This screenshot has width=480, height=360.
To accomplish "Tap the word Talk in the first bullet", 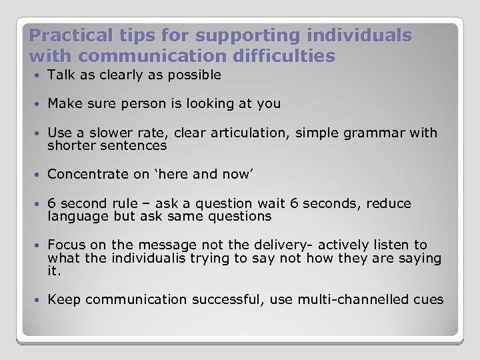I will click(61, 75).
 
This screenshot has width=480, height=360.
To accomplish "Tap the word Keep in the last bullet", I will click(64, 299).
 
